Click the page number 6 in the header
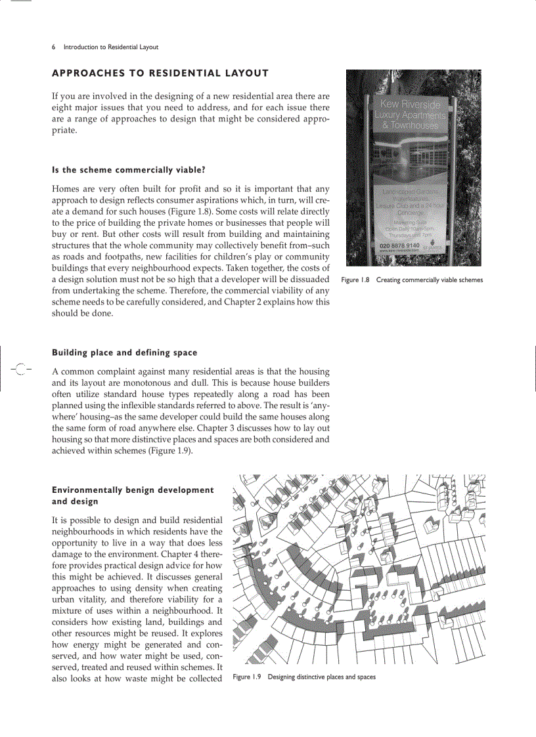(x=54, y=47)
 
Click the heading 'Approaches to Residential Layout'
(x=160, y=73)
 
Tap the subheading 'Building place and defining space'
(x=124, y=352)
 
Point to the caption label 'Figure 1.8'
(x=356, y=280)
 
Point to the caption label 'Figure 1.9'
(x=248, y=677)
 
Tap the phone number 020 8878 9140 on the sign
(x=399, y=245)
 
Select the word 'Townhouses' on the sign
(x=414, y=125)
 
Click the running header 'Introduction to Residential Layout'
(x=110, y=47)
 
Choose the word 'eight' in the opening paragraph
(x=63, y=108)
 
